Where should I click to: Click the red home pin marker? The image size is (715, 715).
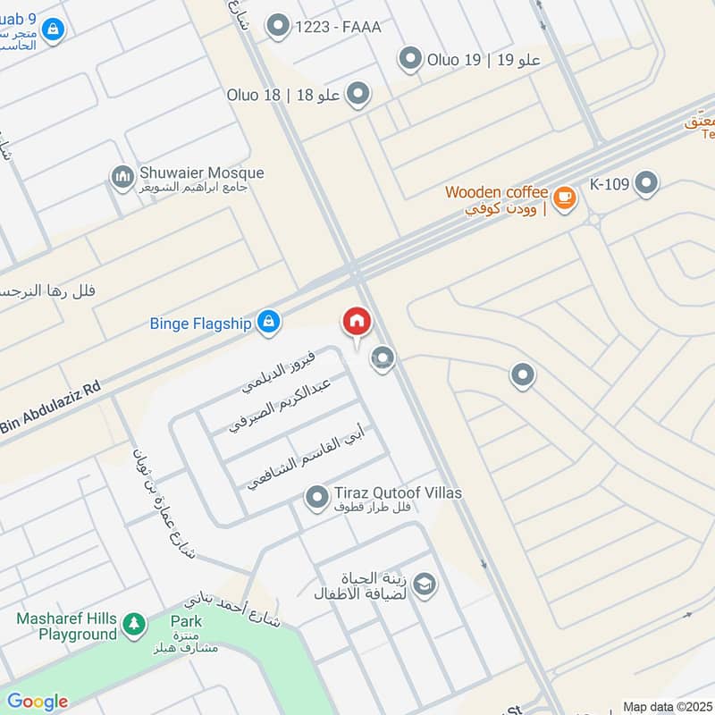pyautogui.click(x=356, y=322)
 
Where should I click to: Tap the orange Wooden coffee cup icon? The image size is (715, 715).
pyautogui.click(x=563, y=197)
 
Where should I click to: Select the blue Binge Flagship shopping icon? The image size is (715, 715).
pyautogui.click(x=267, y=323)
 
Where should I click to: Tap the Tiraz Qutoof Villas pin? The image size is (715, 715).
pyautogui.click(x=316, y=497)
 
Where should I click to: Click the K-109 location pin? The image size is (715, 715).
pyautogui.click(x=645, y=185)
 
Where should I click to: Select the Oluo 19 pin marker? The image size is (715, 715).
pyautogui.click(x=410, y=60)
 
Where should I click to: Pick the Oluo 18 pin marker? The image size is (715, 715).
pyautogui.click(x=358, y=95)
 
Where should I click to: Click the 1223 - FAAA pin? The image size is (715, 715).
pyautogui.click(x=279, y=27)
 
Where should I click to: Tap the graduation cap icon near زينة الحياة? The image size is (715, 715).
pyautogui.click(x=424, y=585)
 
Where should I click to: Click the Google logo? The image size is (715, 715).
pyautogui.click(x=38, y=702)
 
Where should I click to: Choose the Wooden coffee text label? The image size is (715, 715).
pyautogui.click(x=496, y=192)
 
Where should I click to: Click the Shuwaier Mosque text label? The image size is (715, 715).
pyautogui.click(x=202, y=172)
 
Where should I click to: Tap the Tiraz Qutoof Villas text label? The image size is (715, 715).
pyautogui.click(x=398, y=493)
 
